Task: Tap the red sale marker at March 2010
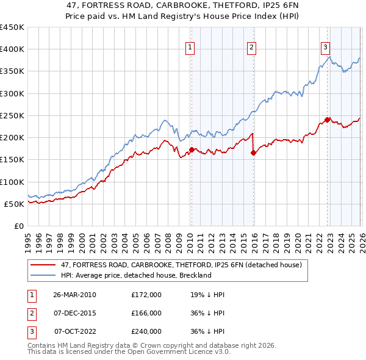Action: (x=192, y=149)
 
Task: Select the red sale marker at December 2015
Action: (x=253, y=153)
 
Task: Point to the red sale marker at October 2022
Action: (x=328, y=120)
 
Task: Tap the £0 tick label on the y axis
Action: (x=18, y=226)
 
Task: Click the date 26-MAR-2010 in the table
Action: (x=74, y=295)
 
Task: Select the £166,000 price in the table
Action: (x=146, y=313)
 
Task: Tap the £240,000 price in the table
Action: (x=146, y=331)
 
